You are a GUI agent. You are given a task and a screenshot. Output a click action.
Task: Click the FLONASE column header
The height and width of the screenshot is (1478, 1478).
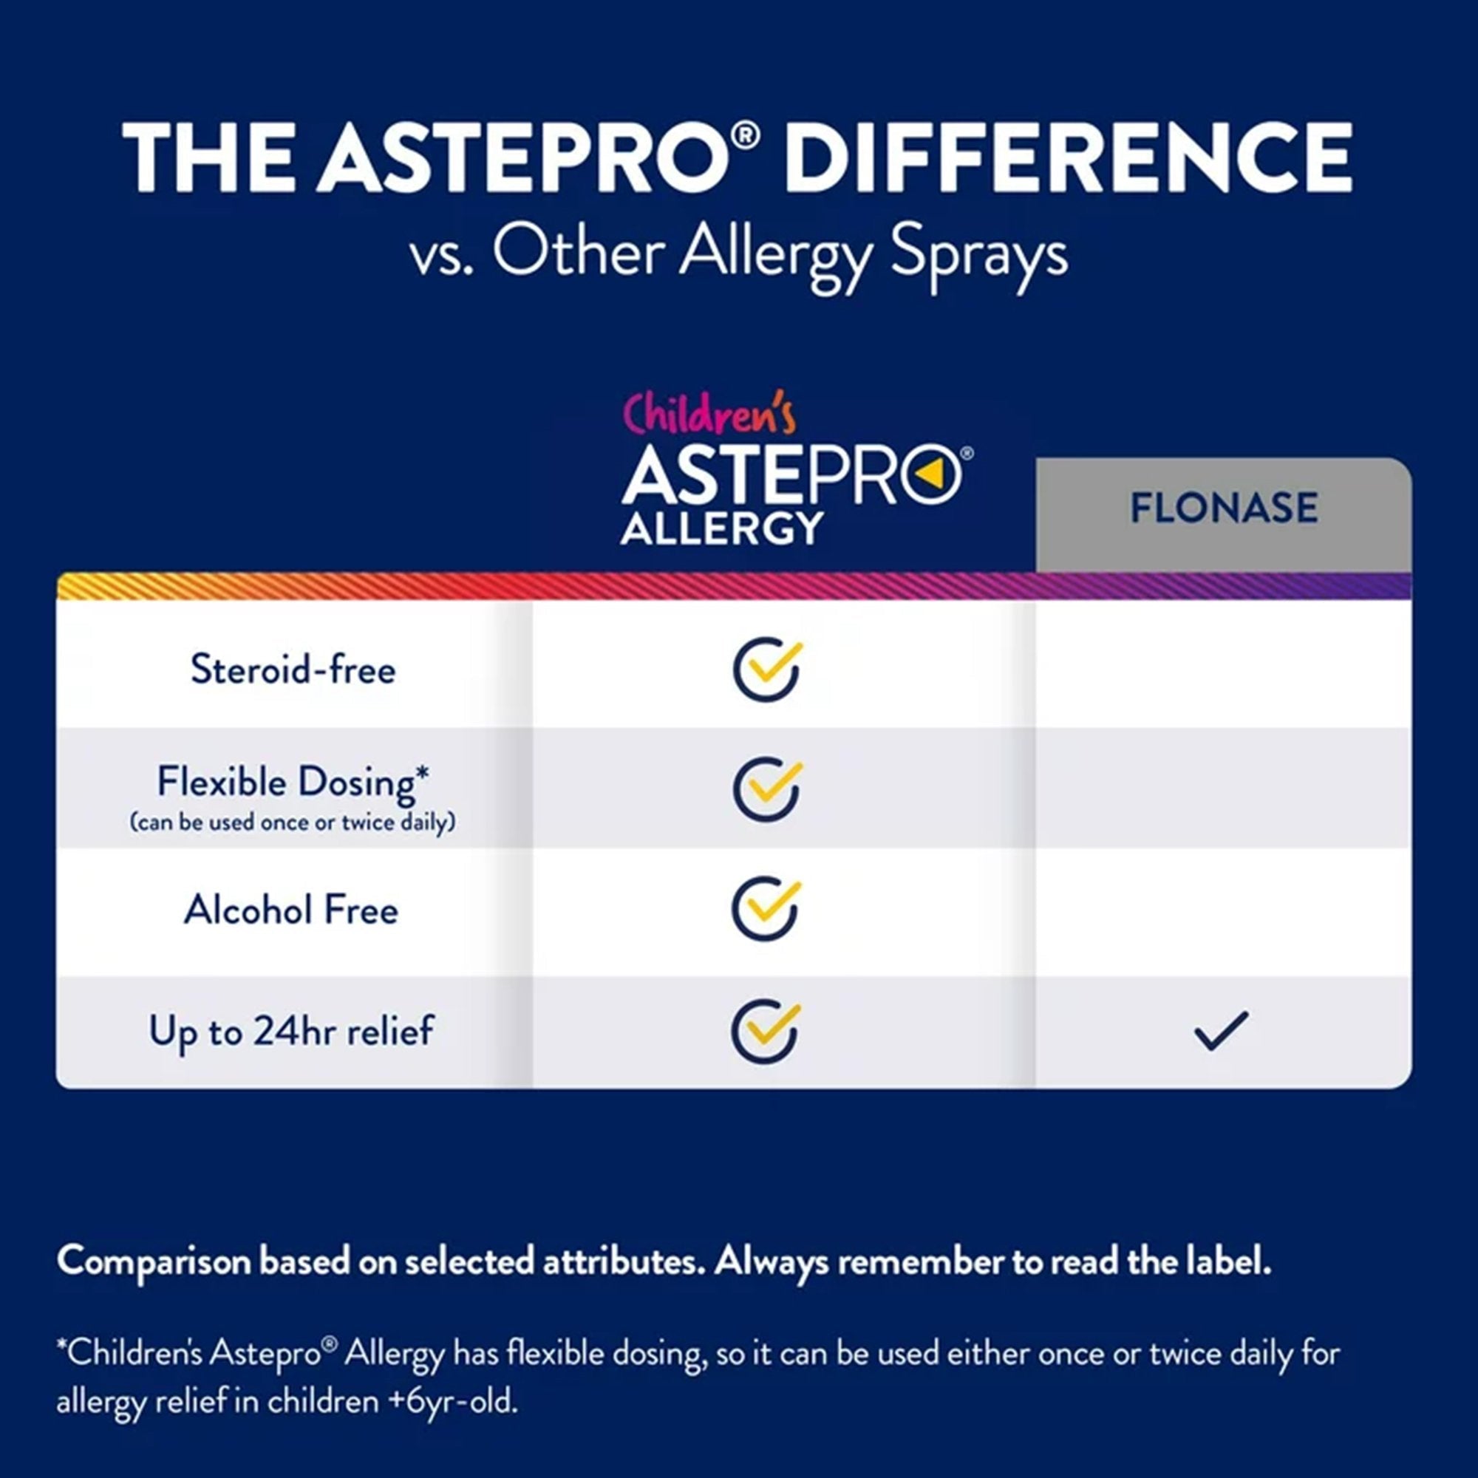1223,508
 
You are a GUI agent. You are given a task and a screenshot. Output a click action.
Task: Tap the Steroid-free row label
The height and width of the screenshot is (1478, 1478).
293,670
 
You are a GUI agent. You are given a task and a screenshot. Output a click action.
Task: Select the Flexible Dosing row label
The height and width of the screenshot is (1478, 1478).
293,782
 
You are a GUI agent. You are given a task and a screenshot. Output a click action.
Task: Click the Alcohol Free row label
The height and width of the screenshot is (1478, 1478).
291,910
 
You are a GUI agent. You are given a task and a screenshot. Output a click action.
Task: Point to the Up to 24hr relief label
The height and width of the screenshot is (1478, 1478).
291,1030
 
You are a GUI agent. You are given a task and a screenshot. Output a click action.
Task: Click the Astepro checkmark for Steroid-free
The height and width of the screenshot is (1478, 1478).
766,669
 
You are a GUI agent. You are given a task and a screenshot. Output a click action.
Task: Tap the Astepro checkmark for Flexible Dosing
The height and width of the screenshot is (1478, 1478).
766,789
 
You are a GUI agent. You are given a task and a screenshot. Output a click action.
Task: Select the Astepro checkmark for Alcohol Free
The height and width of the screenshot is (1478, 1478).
766,909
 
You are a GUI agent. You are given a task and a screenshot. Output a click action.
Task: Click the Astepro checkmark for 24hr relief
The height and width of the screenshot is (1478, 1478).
766,1030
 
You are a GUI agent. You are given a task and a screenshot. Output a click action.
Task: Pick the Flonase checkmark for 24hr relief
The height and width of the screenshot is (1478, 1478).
1221,1030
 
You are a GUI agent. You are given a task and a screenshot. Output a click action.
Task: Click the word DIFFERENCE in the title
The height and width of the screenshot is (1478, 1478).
1067,159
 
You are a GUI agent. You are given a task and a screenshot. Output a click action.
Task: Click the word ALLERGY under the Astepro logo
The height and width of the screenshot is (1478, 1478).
722,528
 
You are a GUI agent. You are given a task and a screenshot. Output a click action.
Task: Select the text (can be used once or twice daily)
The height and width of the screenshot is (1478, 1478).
293,823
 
